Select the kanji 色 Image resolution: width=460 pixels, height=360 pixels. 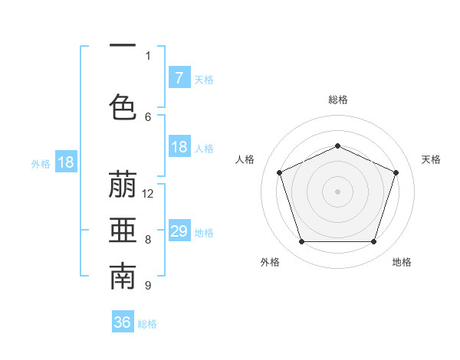(x=123, y=106)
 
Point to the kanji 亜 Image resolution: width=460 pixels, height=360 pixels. (x=123, y=232)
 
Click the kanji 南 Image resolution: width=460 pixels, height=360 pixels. (x=123, y=278)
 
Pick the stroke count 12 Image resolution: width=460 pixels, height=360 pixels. (x=148, y=194)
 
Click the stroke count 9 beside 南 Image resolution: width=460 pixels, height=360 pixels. (x=148, y=286)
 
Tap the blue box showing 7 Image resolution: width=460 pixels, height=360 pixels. (x=179, y=78)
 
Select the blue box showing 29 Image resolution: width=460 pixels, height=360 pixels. (x=179, y=231)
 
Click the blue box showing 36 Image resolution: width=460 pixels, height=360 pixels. (x=123, y=322)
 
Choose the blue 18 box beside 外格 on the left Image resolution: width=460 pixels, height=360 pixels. (x=65, y=162)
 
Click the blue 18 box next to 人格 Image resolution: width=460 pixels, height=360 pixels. (x=179, y=147)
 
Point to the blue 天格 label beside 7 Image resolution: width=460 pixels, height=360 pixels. (x=204, y=79)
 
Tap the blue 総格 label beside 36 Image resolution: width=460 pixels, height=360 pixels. (x=147, y=323)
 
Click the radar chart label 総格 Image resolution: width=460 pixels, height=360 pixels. (x=338, y=100)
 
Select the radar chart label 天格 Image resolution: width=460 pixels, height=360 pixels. (x=432, y=159)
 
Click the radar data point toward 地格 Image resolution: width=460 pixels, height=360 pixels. (x=374, y=242)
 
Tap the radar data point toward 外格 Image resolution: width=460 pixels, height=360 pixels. (x=301, y=242)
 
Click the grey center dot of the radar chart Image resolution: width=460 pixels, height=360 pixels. (x=338, y=191)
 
